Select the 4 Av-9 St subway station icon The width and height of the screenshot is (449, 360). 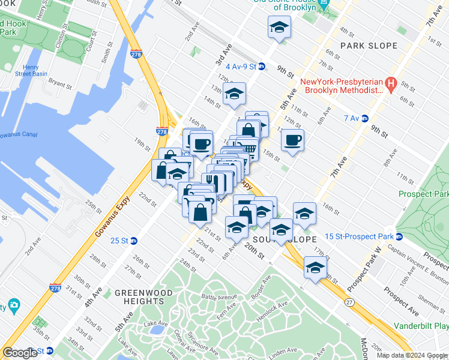(x=262, y=67)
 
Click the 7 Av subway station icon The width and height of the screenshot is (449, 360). (x=364, y=118)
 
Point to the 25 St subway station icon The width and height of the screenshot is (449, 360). (x=134, y=241)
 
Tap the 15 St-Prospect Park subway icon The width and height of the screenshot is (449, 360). (x=399, y=236)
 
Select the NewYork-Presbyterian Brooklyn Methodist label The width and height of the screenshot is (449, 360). (x=342, y=86)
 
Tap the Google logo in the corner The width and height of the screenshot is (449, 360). (x=20, y=352)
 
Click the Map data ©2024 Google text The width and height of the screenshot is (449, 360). (x=411, y=355)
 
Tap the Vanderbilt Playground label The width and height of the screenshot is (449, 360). (x=421, y=326)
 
